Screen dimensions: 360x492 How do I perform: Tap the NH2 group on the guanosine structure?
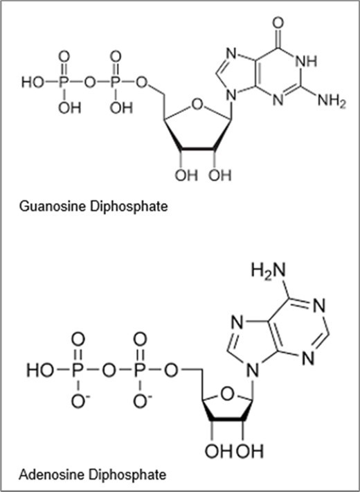pos(332,101)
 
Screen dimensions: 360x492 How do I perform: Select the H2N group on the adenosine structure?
pos(269,270)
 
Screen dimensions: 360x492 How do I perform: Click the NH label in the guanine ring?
pos(307,61)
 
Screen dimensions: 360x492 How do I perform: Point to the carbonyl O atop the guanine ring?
pos(278,24)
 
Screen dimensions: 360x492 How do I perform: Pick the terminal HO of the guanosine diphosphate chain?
pos(33,82)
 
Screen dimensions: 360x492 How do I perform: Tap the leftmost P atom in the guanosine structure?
pos(64,82)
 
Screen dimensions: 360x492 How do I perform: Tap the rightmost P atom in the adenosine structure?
pos(140,370)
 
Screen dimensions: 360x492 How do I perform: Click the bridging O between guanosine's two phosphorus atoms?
pos(90,82)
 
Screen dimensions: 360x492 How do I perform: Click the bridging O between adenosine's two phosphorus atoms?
pos(109,370)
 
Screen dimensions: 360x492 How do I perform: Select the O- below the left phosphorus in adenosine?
pos(80,401)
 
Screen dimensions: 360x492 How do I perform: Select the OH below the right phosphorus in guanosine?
pos(121,107)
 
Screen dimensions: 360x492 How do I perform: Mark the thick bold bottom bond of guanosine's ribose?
pos(198,148)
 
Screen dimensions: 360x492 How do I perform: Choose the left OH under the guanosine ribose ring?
pos(186,175)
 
